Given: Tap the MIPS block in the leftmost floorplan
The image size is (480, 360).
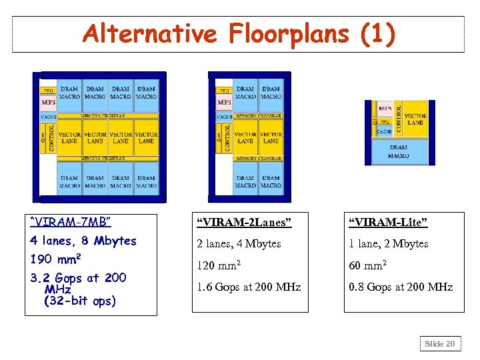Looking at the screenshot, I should pyautogui.click(x=49, y=103).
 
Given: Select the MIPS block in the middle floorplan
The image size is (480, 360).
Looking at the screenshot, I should pyautogui.click(x=224, y=103).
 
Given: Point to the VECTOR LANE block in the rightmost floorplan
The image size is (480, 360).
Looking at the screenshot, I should pyautogui.click(x=415, y=119).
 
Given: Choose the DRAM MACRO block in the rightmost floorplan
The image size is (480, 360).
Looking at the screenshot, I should pyautogui.click(x=398, y=151).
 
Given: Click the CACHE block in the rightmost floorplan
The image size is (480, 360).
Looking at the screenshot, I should pyautogui.click(x=384, y=131).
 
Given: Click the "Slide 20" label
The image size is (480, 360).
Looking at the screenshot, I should pyautogui.click(x=440, y=344).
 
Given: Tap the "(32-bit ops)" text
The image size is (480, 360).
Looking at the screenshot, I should pyautogui.click(x=79, y=301).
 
